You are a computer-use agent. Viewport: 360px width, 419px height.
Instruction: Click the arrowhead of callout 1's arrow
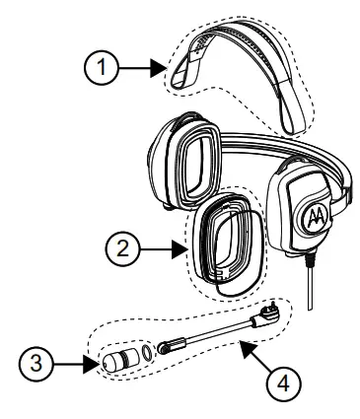[x=157, y=69]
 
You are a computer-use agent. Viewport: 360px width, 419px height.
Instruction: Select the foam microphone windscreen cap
[x=113, y=359]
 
